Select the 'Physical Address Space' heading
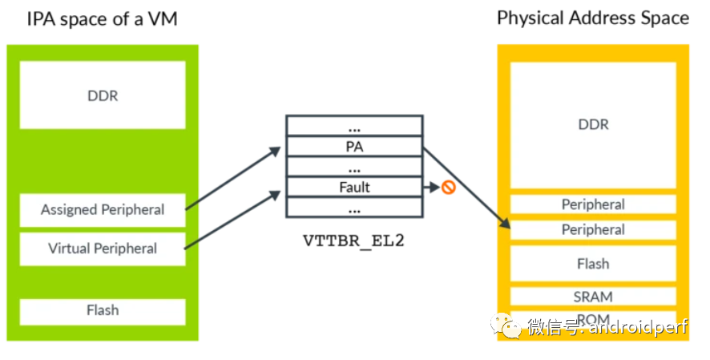593,18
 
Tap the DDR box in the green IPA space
102,95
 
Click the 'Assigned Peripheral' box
102,210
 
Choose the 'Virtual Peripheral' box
102,249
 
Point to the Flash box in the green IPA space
102,311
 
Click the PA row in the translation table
353,147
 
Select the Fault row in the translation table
353,188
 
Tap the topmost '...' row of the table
353,127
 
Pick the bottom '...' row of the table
353,208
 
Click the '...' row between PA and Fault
353,168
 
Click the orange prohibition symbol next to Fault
449,188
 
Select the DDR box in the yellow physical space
593,124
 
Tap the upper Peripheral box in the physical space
593,204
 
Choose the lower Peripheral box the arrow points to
593,229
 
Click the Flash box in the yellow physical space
593,264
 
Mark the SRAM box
593,297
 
